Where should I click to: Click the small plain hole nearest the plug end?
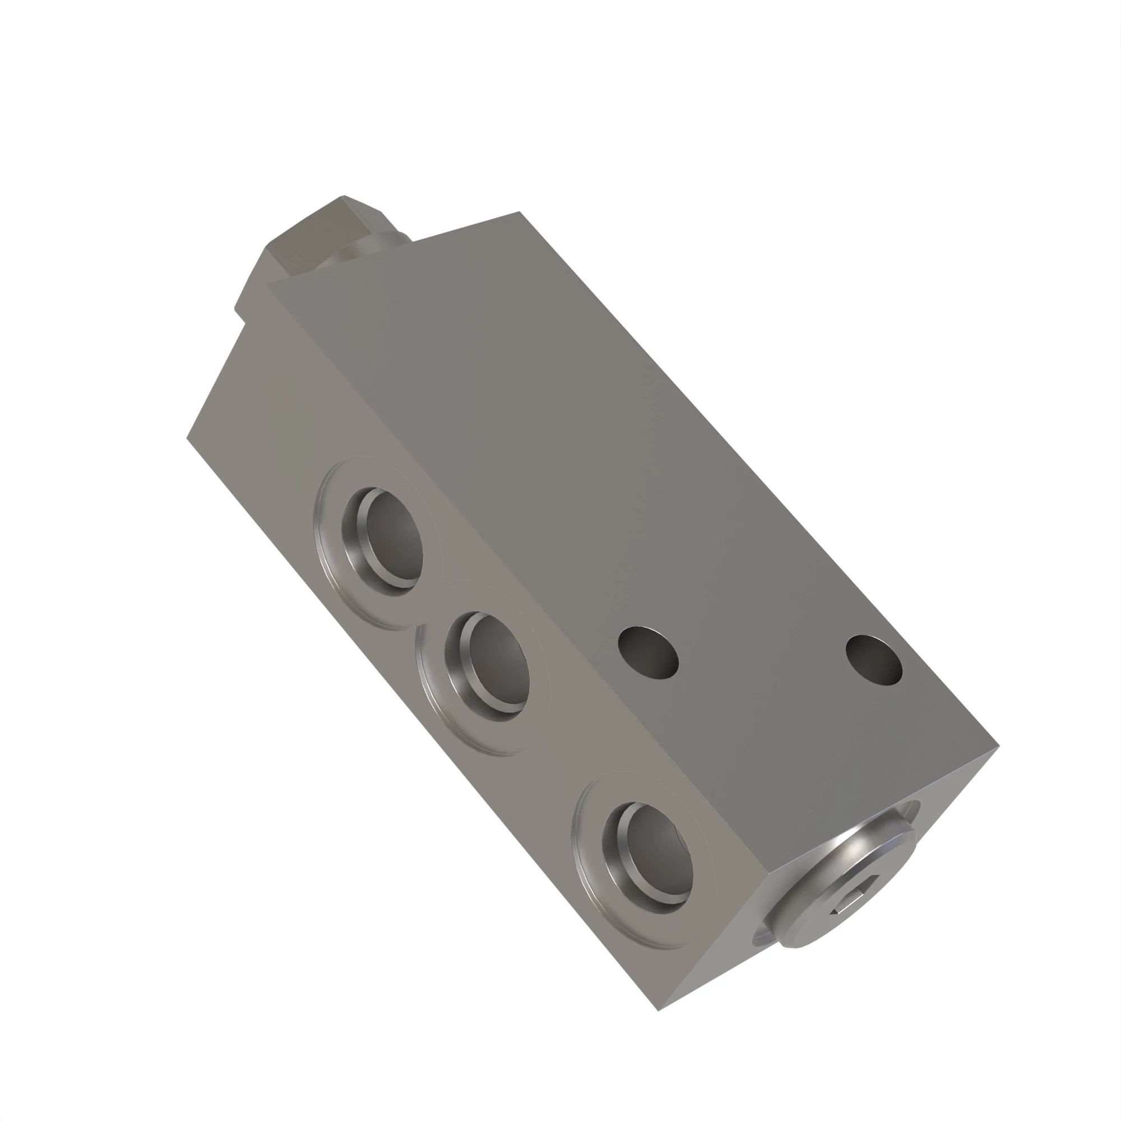coord(874,661)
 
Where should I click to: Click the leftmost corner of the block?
coord(187,438)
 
